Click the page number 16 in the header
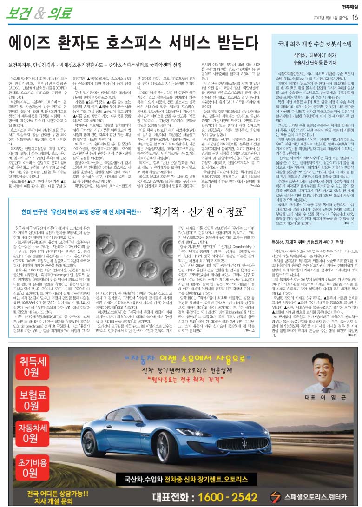(x=355, y=18)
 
